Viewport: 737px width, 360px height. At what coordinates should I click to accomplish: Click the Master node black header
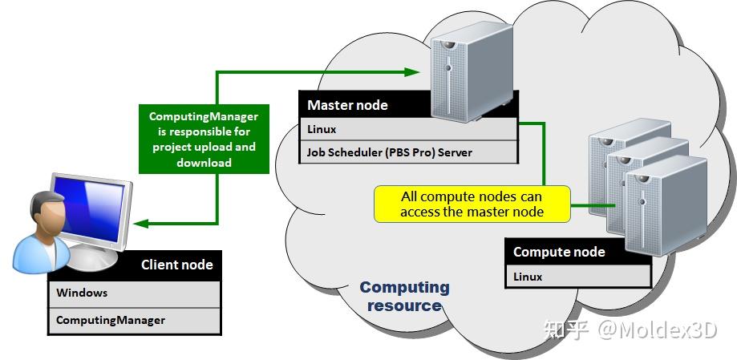click(x=361, y=105)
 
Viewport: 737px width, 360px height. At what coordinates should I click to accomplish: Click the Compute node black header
click(x=577, y=252)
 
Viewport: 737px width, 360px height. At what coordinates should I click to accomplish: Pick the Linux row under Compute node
click(x=577, y=277)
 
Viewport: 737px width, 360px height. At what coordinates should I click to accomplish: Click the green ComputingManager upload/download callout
click(x=204, y=138)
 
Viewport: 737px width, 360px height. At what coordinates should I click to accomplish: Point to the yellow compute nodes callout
click(x=472, y=204)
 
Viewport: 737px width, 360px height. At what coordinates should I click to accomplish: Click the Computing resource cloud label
click(x=404, y=296)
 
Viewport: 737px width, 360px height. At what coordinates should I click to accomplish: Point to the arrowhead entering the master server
click(x=413, y=72)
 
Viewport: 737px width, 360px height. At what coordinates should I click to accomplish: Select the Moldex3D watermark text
click(x=630, y=329)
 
